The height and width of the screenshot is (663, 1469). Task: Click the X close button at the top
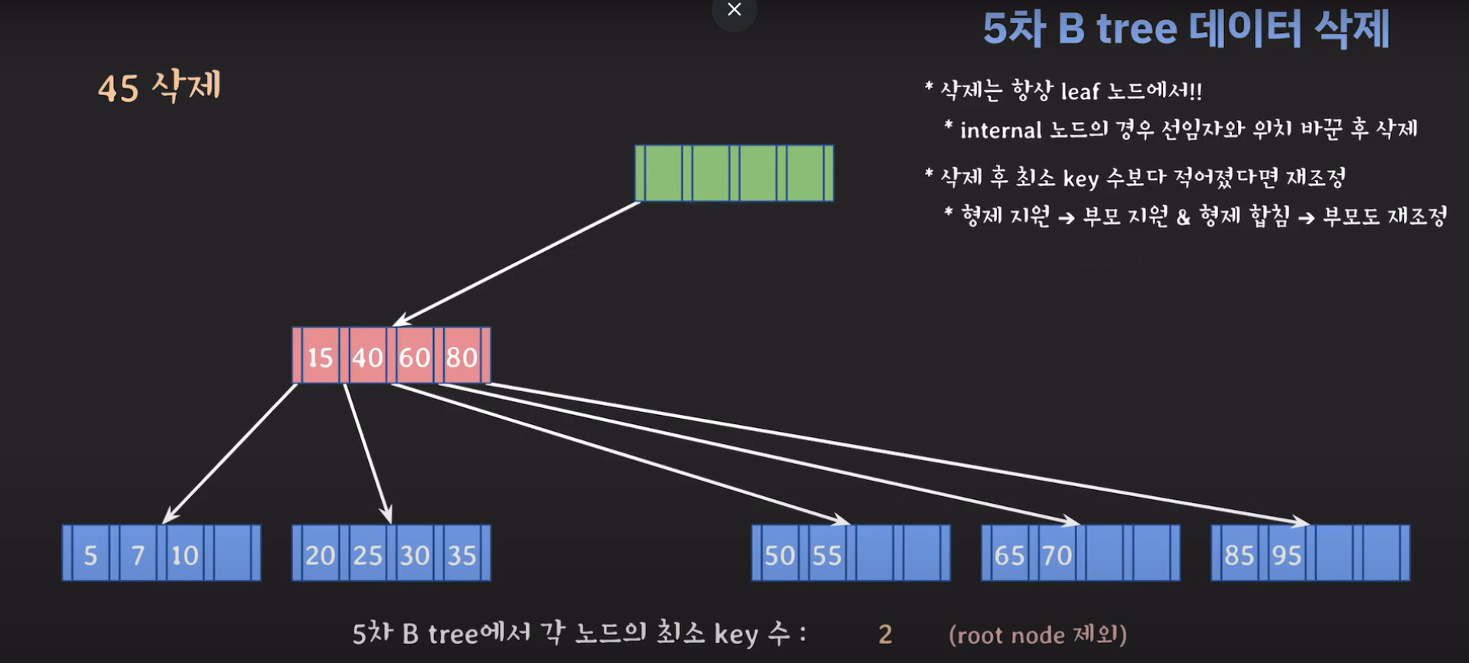pyautogui.click(x=734, y=10)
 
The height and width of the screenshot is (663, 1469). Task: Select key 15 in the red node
pyautogui.click(x=320, y=357)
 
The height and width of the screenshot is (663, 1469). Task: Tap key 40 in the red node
pyautogui.click(x=367, y=357)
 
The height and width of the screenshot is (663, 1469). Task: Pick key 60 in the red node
pyautogui.click(x=415, y=357)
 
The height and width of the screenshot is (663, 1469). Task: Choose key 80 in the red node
pyautogui.click(x=462, y=357)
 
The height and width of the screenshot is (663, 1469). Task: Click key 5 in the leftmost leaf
pyautogui.click(x=90, y=554)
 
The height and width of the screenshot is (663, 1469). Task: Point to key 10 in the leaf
pyautogui.click(x=184, y=554)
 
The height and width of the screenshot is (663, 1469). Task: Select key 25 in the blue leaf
pyautogui.click(x=367, y=554)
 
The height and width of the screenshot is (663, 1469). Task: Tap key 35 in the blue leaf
pyautogui.click(x=462, y=554)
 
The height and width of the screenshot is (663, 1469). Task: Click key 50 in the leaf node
pyautogui.click(x=780, y=554)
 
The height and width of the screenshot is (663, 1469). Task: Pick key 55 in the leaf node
pyautogui.click(x=827, y=554)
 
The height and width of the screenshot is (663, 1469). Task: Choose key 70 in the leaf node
pyautogui.click(x=1057, y=554)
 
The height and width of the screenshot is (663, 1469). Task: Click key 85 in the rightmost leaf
pyautogui.click(x=1239, y=554)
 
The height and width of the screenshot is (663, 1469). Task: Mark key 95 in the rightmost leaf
pyautogui.click(x=1286, y=554)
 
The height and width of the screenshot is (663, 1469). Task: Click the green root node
pyautogui.click(x=734, y=173)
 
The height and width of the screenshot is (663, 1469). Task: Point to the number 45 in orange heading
pyautogui.click(x=118, y=88)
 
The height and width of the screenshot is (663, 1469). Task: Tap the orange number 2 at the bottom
pyautogui.click(x=885, y=634)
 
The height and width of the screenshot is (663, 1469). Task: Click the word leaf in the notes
pyautogui.click(x=1080, y=92)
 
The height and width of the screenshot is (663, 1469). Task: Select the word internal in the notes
pyautogui.click(x=1001, y=131)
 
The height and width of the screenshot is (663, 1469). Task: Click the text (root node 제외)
pyautogui.click(x=1037, y=635)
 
